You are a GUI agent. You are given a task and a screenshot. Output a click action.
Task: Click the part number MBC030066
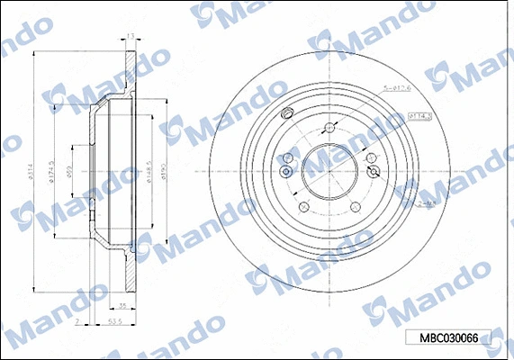point(448,338)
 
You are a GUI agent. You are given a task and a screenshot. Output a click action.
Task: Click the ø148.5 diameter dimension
point(147,168)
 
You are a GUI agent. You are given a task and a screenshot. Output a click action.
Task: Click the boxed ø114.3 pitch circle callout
point(419,116)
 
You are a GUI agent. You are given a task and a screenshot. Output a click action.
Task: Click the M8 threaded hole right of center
point(371,168)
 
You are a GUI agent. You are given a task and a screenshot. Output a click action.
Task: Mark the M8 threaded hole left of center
point(285,171)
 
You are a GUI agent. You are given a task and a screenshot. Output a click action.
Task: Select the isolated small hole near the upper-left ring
point(286,113)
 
